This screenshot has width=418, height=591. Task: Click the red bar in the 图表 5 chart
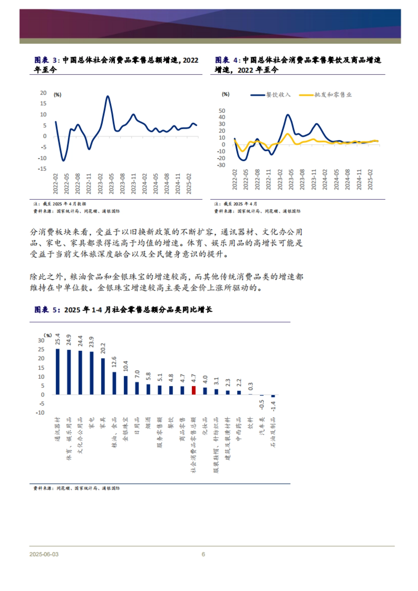pos(194,390)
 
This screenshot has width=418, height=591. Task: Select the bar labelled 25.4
pos(58,371)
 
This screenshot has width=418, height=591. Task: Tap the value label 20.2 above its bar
pos(103,348)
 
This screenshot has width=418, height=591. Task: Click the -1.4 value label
pos(273,406)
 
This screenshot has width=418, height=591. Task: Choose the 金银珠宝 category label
pos(125,429)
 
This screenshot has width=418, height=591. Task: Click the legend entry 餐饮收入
pos(278,95)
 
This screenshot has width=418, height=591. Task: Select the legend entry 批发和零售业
pos(333,95)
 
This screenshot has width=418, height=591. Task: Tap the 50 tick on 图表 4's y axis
pos(222,111)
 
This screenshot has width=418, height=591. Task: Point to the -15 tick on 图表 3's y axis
pos(42,169)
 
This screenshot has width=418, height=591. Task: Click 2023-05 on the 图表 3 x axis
pos(111,183)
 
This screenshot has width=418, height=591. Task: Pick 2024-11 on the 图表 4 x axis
pos(359,180)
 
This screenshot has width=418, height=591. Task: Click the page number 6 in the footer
pos(203,554)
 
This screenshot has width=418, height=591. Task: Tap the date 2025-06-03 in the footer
pos(44,554)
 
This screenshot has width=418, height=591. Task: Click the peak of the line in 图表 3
pos(108,96)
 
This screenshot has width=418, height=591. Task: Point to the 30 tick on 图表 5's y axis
pos(41,340)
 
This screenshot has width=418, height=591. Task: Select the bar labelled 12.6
pos(114,383)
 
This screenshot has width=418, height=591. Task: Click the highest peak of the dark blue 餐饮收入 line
pos(288,115)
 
